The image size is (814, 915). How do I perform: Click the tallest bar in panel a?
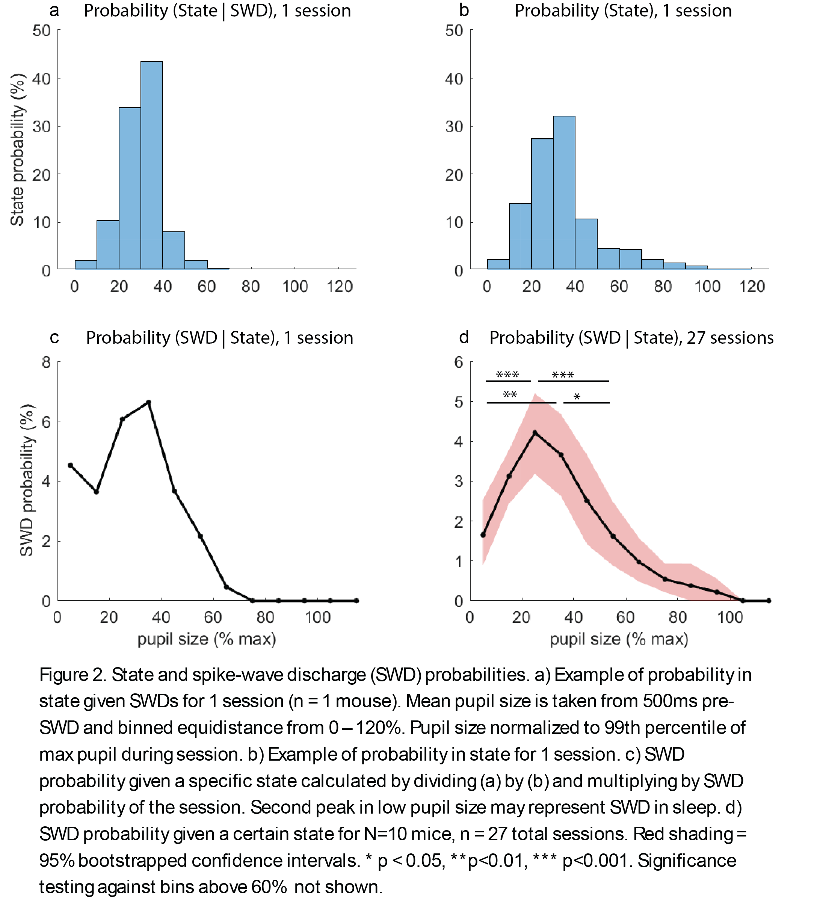click(151, 166)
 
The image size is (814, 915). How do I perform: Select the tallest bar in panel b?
click(564, 192)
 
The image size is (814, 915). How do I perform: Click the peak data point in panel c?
click(149, 402)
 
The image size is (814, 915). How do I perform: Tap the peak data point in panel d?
click(535, 433)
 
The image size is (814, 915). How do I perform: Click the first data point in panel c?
click(70, 465)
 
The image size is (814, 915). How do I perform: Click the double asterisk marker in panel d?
click(510, 395)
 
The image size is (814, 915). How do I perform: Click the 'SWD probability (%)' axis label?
click(27, 480)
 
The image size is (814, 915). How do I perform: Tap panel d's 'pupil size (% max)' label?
click(619, 639)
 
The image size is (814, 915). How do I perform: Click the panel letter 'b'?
click(464, 11)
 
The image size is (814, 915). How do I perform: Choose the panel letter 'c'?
click(54, 338)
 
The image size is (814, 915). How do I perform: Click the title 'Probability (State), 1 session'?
click(623, 11)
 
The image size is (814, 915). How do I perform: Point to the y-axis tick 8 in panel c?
click(46, 362)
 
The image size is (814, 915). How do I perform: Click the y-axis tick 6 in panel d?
click(459, 362)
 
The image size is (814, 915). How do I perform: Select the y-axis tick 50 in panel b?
click(454, 31)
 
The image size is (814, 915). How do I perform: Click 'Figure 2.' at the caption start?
click(72, 675)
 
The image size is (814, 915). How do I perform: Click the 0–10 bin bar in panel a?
click(86, 265)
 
